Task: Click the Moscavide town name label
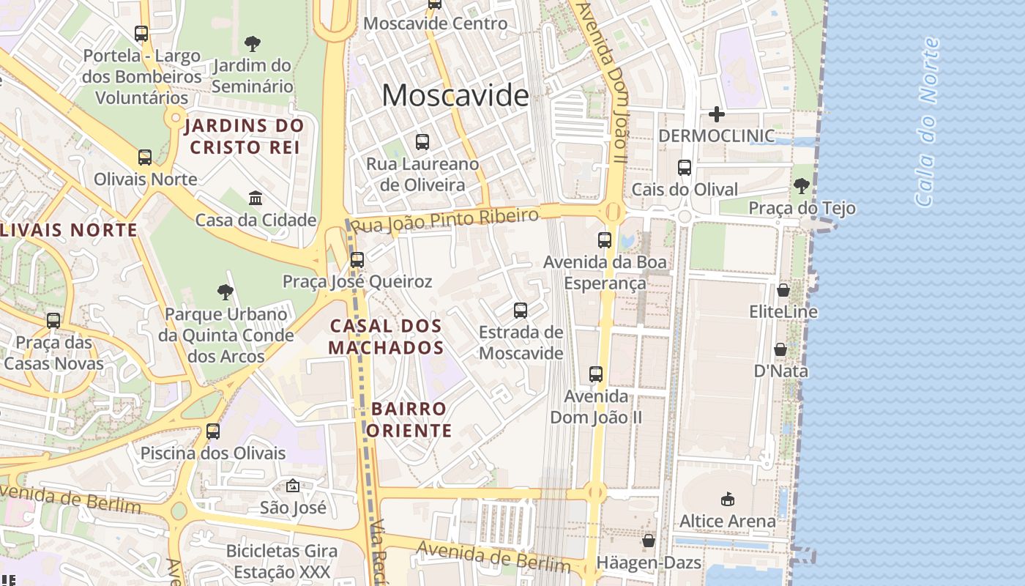pyautogui.click(x=455, y=96)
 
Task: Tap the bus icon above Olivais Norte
pyautogui.click(x=145, y=157)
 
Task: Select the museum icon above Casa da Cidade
pyautogui.click(x=256, y=198)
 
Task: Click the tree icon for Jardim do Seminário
pyautogui.click(x=253, y=43)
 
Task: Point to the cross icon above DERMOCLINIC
pyautogui.click(x=717, y=114)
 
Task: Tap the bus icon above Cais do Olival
pyautogui.click(x=685, y=167)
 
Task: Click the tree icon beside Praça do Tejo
pyautogui.click(x=802, y=186)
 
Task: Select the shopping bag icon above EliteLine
pyautogui.click(x=783, y=290)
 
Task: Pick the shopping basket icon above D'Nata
pyautogui.click(x=780, y=349)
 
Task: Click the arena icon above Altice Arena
pyautogui.click(x=727, y=499)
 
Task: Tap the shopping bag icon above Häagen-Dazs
pyautogui.click(x=648, y=541)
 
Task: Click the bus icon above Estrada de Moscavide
pyautogui.click(x=521, y=311)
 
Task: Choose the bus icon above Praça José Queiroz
pyautogui.click(x=357, y=259)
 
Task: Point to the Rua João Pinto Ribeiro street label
pyautogui.click(x=445, y=220)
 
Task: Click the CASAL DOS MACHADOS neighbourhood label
pyautogui.click(x=386, y=336)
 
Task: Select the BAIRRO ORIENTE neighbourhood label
pyautogui.click(x=409, y=419)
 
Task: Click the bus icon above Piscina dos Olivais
pyautogui.click(x=213, y=431)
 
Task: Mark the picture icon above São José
pyautogui.click(x=293, y=485)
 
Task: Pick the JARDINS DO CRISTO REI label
pyautogui.click(x=245, y=136)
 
